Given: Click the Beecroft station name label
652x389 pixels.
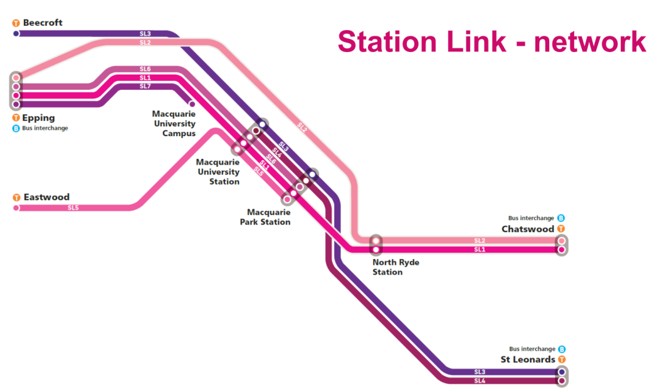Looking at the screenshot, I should (x=43, y=23).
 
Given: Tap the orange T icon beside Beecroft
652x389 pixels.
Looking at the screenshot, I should (x=16, y=23).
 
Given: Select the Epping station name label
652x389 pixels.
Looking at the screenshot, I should (x=39, y=118).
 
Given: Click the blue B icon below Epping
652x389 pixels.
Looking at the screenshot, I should (x=16, y=128).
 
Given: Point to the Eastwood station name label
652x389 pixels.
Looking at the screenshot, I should (x=46, y=197).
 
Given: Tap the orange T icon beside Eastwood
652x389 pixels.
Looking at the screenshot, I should (x=16, y=198).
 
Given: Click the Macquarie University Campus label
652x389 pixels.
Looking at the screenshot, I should (x=174, y=124).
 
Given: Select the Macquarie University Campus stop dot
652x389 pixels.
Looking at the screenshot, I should (x=192, y=104).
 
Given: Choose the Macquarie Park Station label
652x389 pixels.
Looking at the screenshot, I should (x=265, y=217).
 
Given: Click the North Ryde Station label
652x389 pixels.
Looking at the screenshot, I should (x=396, y=267).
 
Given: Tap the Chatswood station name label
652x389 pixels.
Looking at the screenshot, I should (x=528, y=229).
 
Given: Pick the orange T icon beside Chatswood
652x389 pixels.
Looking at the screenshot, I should (x=561, y=229).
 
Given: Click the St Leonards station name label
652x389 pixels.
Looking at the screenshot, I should (x=528, y=360).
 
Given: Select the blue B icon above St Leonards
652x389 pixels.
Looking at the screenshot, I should (x=562, y=349).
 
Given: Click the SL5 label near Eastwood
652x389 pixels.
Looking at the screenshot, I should (x=73, y=208).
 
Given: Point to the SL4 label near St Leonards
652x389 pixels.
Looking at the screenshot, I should (x=480, y=381).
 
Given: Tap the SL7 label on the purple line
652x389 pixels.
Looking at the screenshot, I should (x=145, y=87).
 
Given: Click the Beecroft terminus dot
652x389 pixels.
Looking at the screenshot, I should (x=16, y=33).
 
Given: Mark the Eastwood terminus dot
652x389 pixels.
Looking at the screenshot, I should (x=16, y=208).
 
